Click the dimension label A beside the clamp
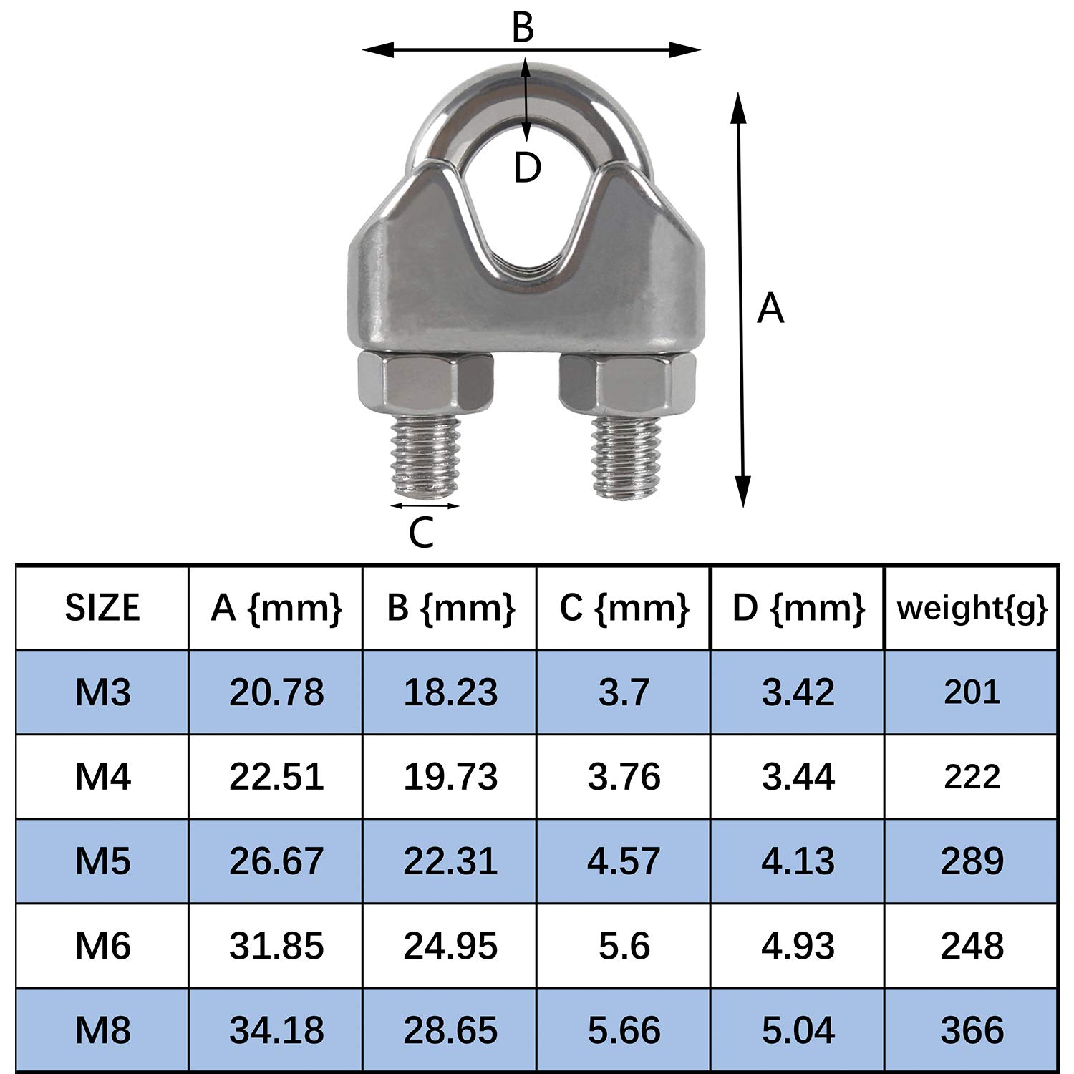click(770, 309)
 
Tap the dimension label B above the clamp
click(523, 29)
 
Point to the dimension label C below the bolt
click(421, 533)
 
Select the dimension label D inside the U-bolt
click(528, 169)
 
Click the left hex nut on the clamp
click(425, 387)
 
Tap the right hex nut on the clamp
click(627, 387)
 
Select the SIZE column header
click(102, 608)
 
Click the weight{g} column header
click(972, 608)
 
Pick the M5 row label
click(103, 861)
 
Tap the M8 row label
click(103, 1030)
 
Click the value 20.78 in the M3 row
click(276, 692)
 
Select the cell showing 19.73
click(450, 777)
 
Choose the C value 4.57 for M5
click(624, 861)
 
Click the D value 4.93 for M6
click(798, 946)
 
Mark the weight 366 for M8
click(972, 1030)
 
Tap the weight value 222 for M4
click(972, 777)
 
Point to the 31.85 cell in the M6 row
click(276, 946)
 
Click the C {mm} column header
click(624, 608)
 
